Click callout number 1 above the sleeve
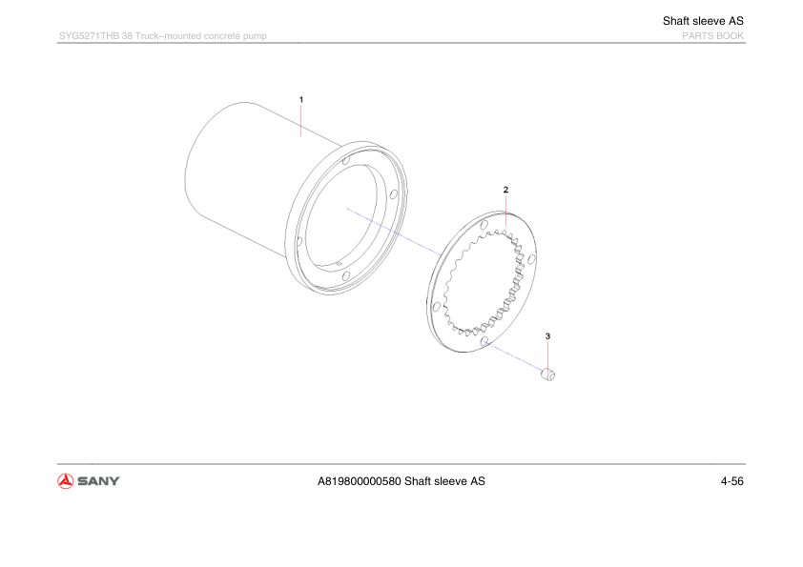click(301, 100)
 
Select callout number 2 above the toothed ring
click(506, 190)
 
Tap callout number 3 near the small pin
click(548, 336)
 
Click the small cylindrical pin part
click(548, 375)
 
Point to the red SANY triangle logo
click(66, 481)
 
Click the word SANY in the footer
click(98, 481)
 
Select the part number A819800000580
click(359, 481)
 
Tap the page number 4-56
click(731, 481)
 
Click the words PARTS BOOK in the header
click(712, 36)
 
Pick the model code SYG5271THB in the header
click(89, 36)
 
